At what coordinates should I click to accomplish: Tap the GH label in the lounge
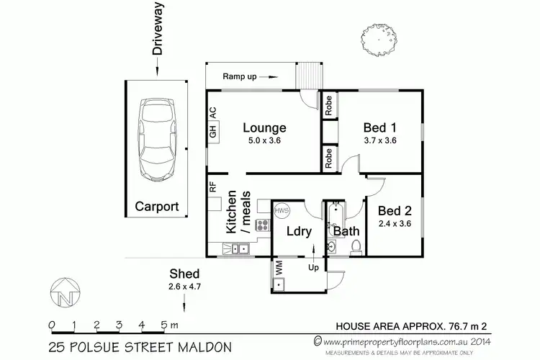(x=212, y=132)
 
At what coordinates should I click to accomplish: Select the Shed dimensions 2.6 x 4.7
(x=184, y=287)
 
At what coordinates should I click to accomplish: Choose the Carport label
(x=157, y=207)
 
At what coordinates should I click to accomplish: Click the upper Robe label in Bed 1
(x=328, y=107)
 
